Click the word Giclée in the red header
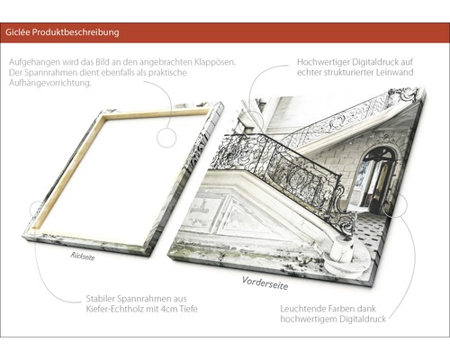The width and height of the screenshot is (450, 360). coord(17,32)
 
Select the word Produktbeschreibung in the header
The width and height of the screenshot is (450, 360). coord(76,32)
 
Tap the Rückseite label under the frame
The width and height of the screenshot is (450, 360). coord(83,256)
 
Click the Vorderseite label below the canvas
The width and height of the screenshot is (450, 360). coord(265,283)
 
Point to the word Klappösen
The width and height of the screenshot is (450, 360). coord(215,62)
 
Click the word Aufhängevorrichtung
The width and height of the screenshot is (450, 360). coord(49,83)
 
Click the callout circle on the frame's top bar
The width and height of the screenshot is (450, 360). coord(166,138)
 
